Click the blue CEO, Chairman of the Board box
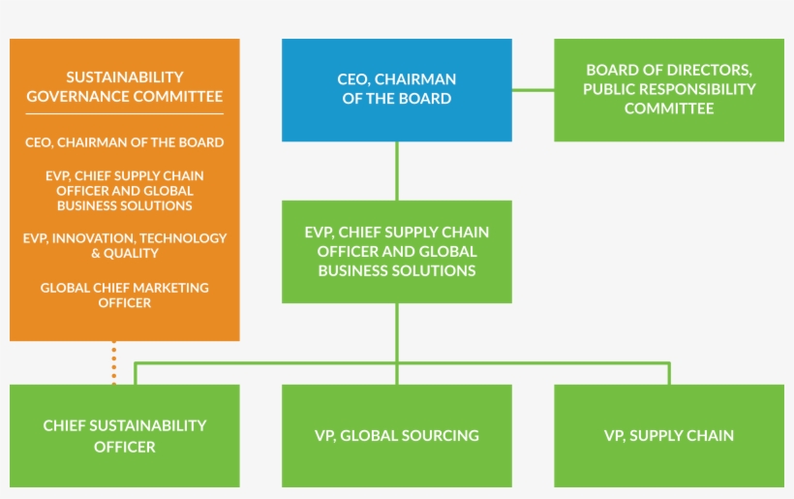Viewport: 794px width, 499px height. coord(397,89)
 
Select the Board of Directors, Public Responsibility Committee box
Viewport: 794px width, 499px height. coord(669,89)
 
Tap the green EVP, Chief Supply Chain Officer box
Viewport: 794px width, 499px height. coord(397,251)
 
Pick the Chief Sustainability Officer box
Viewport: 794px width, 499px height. coord(125,436)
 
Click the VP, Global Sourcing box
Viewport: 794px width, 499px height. coord(397,436)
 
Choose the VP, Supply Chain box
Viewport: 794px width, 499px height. coord(669,436)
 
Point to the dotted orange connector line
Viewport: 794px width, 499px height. coord(114,362)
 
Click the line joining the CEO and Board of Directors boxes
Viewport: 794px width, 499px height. coord(533,90)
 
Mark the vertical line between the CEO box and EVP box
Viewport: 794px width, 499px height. coord(397,171)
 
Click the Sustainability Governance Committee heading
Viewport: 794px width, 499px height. coord(125,86)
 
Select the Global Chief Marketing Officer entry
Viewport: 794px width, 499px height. coord(125,296)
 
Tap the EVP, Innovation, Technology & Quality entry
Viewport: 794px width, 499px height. coord(125,245)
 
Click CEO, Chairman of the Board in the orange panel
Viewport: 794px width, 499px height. coord(125,142)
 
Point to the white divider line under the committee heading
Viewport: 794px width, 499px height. coord(125,114)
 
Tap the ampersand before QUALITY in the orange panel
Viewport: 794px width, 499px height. coord(96,254)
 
